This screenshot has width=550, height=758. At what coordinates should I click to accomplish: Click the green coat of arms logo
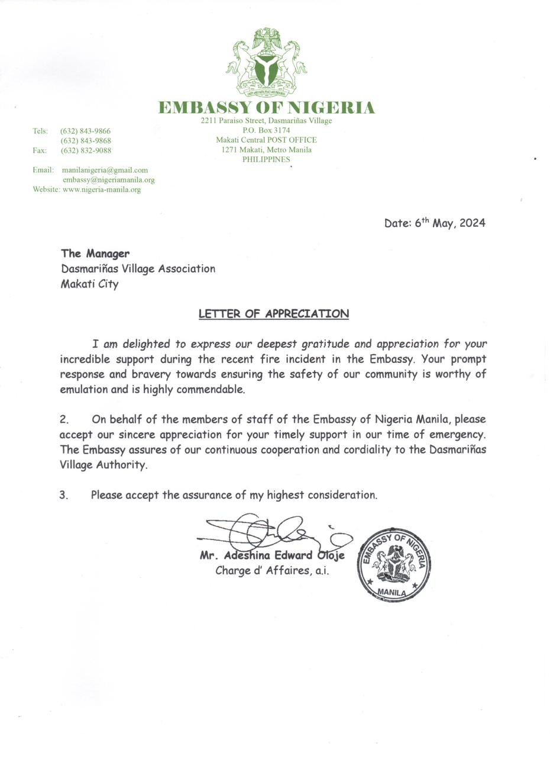tap(266, 62)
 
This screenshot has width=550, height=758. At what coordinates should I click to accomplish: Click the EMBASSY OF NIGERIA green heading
tap(266, 108)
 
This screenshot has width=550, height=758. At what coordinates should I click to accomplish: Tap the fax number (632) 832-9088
tap(86, 151)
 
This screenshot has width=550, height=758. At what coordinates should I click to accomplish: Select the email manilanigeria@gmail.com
tap(105, 170)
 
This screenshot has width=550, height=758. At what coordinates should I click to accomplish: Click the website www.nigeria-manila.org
tap(101, 189)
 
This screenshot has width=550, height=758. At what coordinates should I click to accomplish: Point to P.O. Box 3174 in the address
tap(266, 130)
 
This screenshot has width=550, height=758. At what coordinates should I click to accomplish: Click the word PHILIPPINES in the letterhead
tap(266, 159)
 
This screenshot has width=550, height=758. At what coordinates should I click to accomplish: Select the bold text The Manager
tap(95, 253)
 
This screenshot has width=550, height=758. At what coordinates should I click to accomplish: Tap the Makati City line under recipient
tap(89, 284)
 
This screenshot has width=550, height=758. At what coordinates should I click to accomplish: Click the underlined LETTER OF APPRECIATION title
tap(273, 314)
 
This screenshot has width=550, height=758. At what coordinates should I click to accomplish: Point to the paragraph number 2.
tap(64, 419)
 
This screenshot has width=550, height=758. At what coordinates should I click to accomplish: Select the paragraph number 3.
tap(63, 495)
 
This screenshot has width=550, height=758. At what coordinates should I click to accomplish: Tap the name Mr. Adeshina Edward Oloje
tap(272, 555)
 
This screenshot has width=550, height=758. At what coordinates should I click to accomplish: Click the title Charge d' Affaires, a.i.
tap(272, 571)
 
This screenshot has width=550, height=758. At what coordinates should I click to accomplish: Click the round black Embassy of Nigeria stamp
tap(393, 564)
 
